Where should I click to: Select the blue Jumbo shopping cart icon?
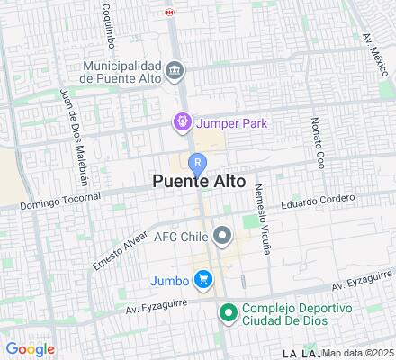click(204, 280)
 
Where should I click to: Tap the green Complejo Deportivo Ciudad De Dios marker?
click(229, 313)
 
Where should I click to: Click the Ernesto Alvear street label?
click(120, 254)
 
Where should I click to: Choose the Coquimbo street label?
click(109, 26)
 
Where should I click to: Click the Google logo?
click(30, 349)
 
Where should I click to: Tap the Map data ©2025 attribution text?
click(358, 353)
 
